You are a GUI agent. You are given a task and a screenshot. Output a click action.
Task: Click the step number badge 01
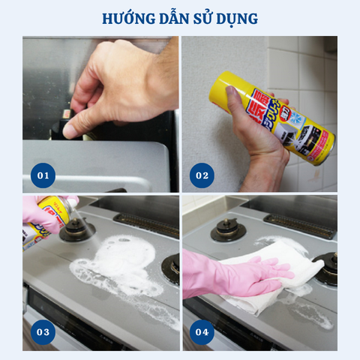point(43,175)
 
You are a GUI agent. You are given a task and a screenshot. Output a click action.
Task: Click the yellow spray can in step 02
point(270,116)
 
